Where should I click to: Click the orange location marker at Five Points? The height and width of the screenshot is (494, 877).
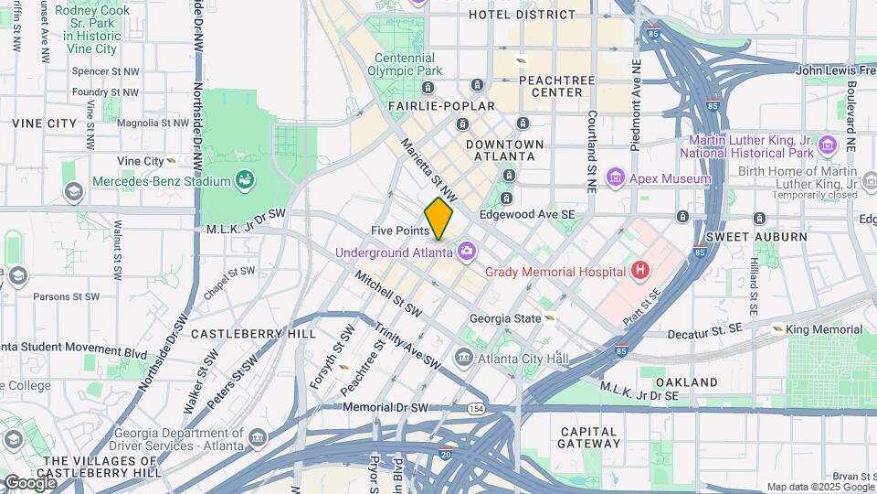438,220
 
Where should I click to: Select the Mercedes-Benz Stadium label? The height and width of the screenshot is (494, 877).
160,181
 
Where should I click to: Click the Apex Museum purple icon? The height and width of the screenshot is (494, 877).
615,178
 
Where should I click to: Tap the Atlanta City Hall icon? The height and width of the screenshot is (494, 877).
464,358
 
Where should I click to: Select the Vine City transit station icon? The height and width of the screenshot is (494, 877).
171,161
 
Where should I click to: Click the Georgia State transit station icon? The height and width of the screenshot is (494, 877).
551,318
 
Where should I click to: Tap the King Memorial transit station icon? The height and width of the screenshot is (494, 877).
777,329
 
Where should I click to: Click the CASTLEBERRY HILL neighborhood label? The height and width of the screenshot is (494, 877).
239,334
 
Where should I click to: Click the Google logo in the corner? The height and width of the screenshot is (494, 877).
29,482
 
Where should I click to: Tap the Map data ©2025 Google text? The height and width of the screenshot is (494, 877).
814,487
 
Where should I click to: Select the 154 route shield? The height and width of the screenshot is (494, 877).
476,408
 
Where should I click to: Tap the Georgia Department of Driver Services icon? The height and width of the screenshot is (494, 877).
257,439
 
